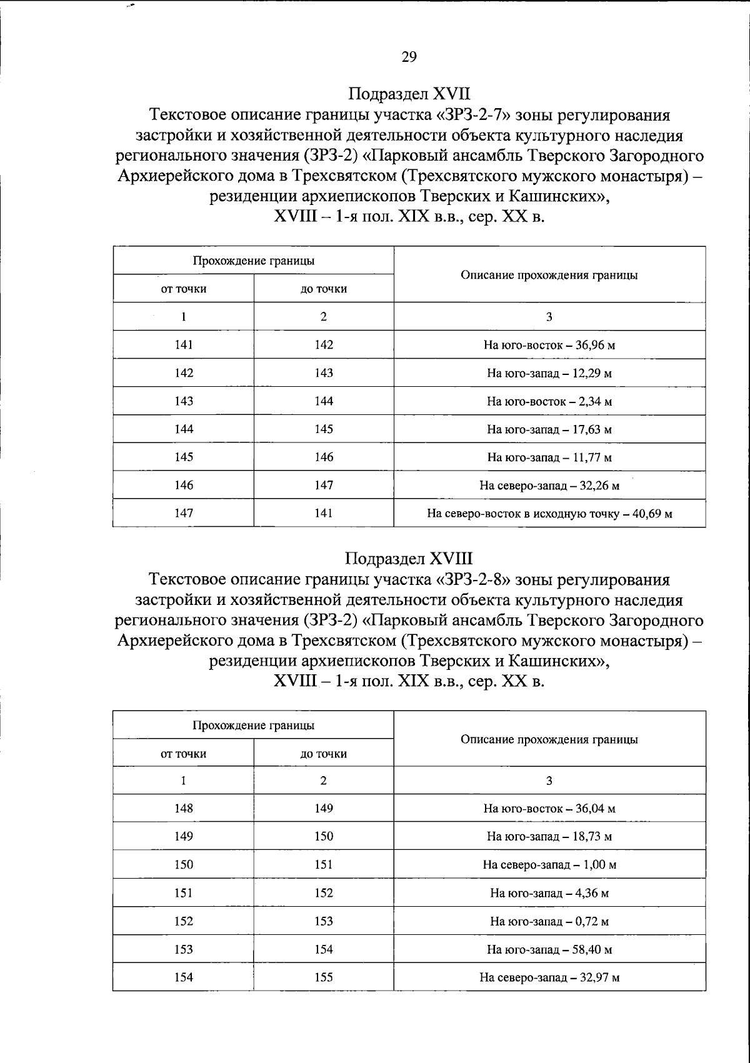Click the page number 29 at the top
[409, 57]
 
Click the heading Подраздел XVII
[409, 94]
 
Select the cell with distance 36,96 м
[549, 345]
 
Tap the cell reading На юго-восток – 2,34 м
[549, 401]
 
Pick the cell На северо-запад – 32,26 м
[549, 486]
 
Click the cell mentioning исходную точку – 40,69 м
[549, 514]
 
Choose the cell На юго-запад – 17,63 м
[549, 429]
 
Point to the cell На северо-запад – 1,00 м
[549, 865]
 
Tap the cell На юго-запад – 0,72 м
[549, 921]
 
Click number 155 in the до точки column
[324, 977]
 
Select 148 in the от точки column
[184, 808]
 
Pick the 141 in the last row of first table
[324, 513]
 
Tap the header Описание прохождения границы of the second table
[549, 739]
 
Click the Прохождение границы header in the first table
[253, 261]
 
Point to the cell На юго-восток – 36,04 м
[549, 809]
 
